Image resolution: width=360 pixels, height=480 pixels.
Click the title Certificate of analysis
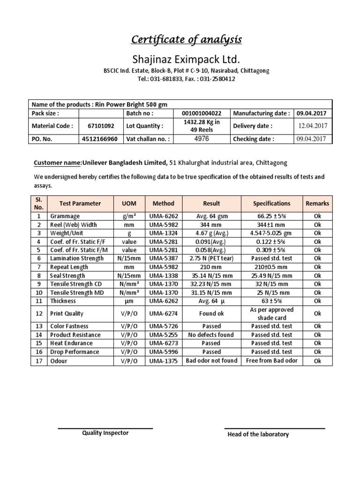tap(186, 40)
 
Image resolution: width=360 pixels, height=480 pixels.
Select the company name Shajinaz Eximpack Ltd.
tap(186, 60)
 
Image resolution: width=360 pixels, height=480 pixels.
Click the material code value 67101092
tap(101, 126)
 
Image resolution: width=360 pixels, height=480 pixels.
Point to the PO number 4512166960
tap(101, 139)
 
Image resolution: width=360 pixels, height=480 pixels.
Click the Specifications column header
tap(271, 203)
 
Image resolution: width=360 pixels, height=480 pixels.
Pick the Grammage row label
tap(65, 216)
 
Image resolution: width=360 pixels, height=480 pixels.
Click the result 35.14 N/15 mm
tap(211, 276)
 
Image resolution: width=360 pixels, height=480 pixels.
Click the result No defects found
tap(211, 335)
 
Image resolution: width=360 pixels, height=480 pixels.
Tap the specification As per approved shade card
tap(271, 314)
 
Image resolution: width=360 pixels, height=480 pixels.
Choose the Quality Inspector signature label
tap(105, 433)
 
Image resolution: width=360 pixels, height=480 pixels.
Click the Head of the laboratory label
tap(258, 435)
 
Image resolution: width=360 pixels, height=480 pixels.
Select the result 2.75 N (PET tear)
tap(211, 258)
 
